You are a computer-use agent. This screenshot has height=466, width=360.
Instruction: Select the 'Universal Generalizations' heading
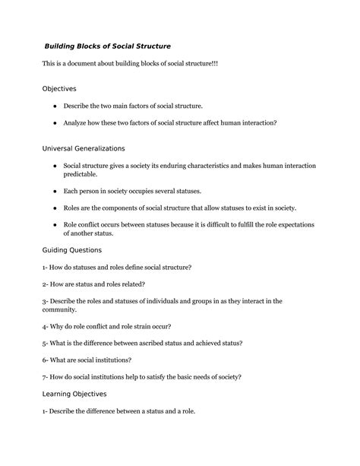(x=84, y=147)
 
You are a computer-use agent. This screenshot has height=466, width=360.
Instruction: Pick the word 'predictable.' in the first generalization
(x=81, y=173)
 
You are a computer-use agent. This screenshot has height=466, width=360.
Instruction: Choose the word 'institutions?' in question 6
(x=112, y=360)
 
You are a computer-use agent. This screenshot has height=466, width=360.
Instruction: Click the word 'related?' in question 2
(x=129, y=284)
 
